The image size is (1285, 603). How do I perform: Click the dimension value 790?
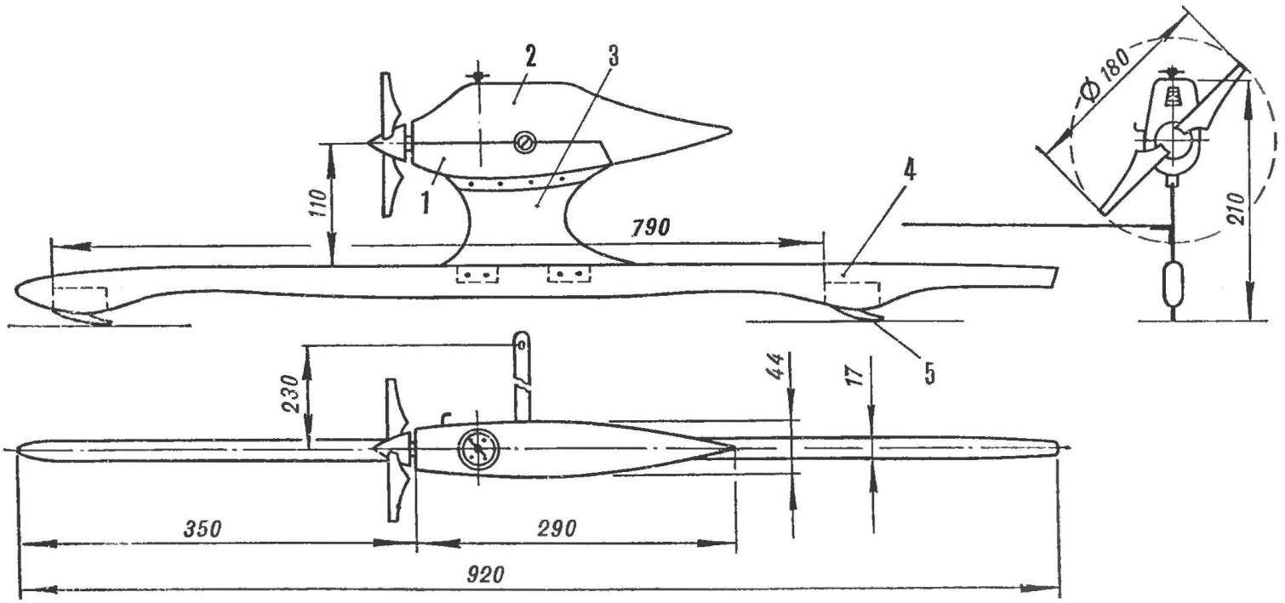click(x=650, y=228)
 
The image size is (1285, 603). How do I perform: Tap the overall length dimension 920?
click(x=485, y=574)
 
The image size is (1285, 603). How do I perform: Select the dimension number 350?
click(x=202, y=528)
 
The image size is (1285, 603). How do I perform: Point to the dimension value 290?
click(x=558, y=528)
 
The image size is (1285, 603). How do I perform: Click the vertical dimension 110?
click(x=319, y=202)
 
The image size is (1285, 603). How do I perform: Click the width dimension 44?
click(x=775, y=367)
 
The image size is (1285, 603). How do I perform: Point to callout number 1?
click(x=425, y=203)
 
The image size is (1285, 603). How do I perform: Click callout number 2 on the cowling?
click(x=529, y=57)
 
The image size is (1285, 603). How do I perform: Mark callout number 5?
click(x=929, y=373)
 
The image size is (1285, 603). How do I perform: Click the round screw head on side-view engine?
click(x=524, y=141)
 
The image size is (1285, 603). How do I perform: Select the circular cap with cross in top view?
click(x=478, y=447)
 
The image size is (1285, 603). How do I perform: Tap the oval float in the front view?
click(x=1173, y=285)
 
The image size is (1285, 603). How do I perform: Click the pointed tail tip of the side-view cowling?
click(x=728, y=129)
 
